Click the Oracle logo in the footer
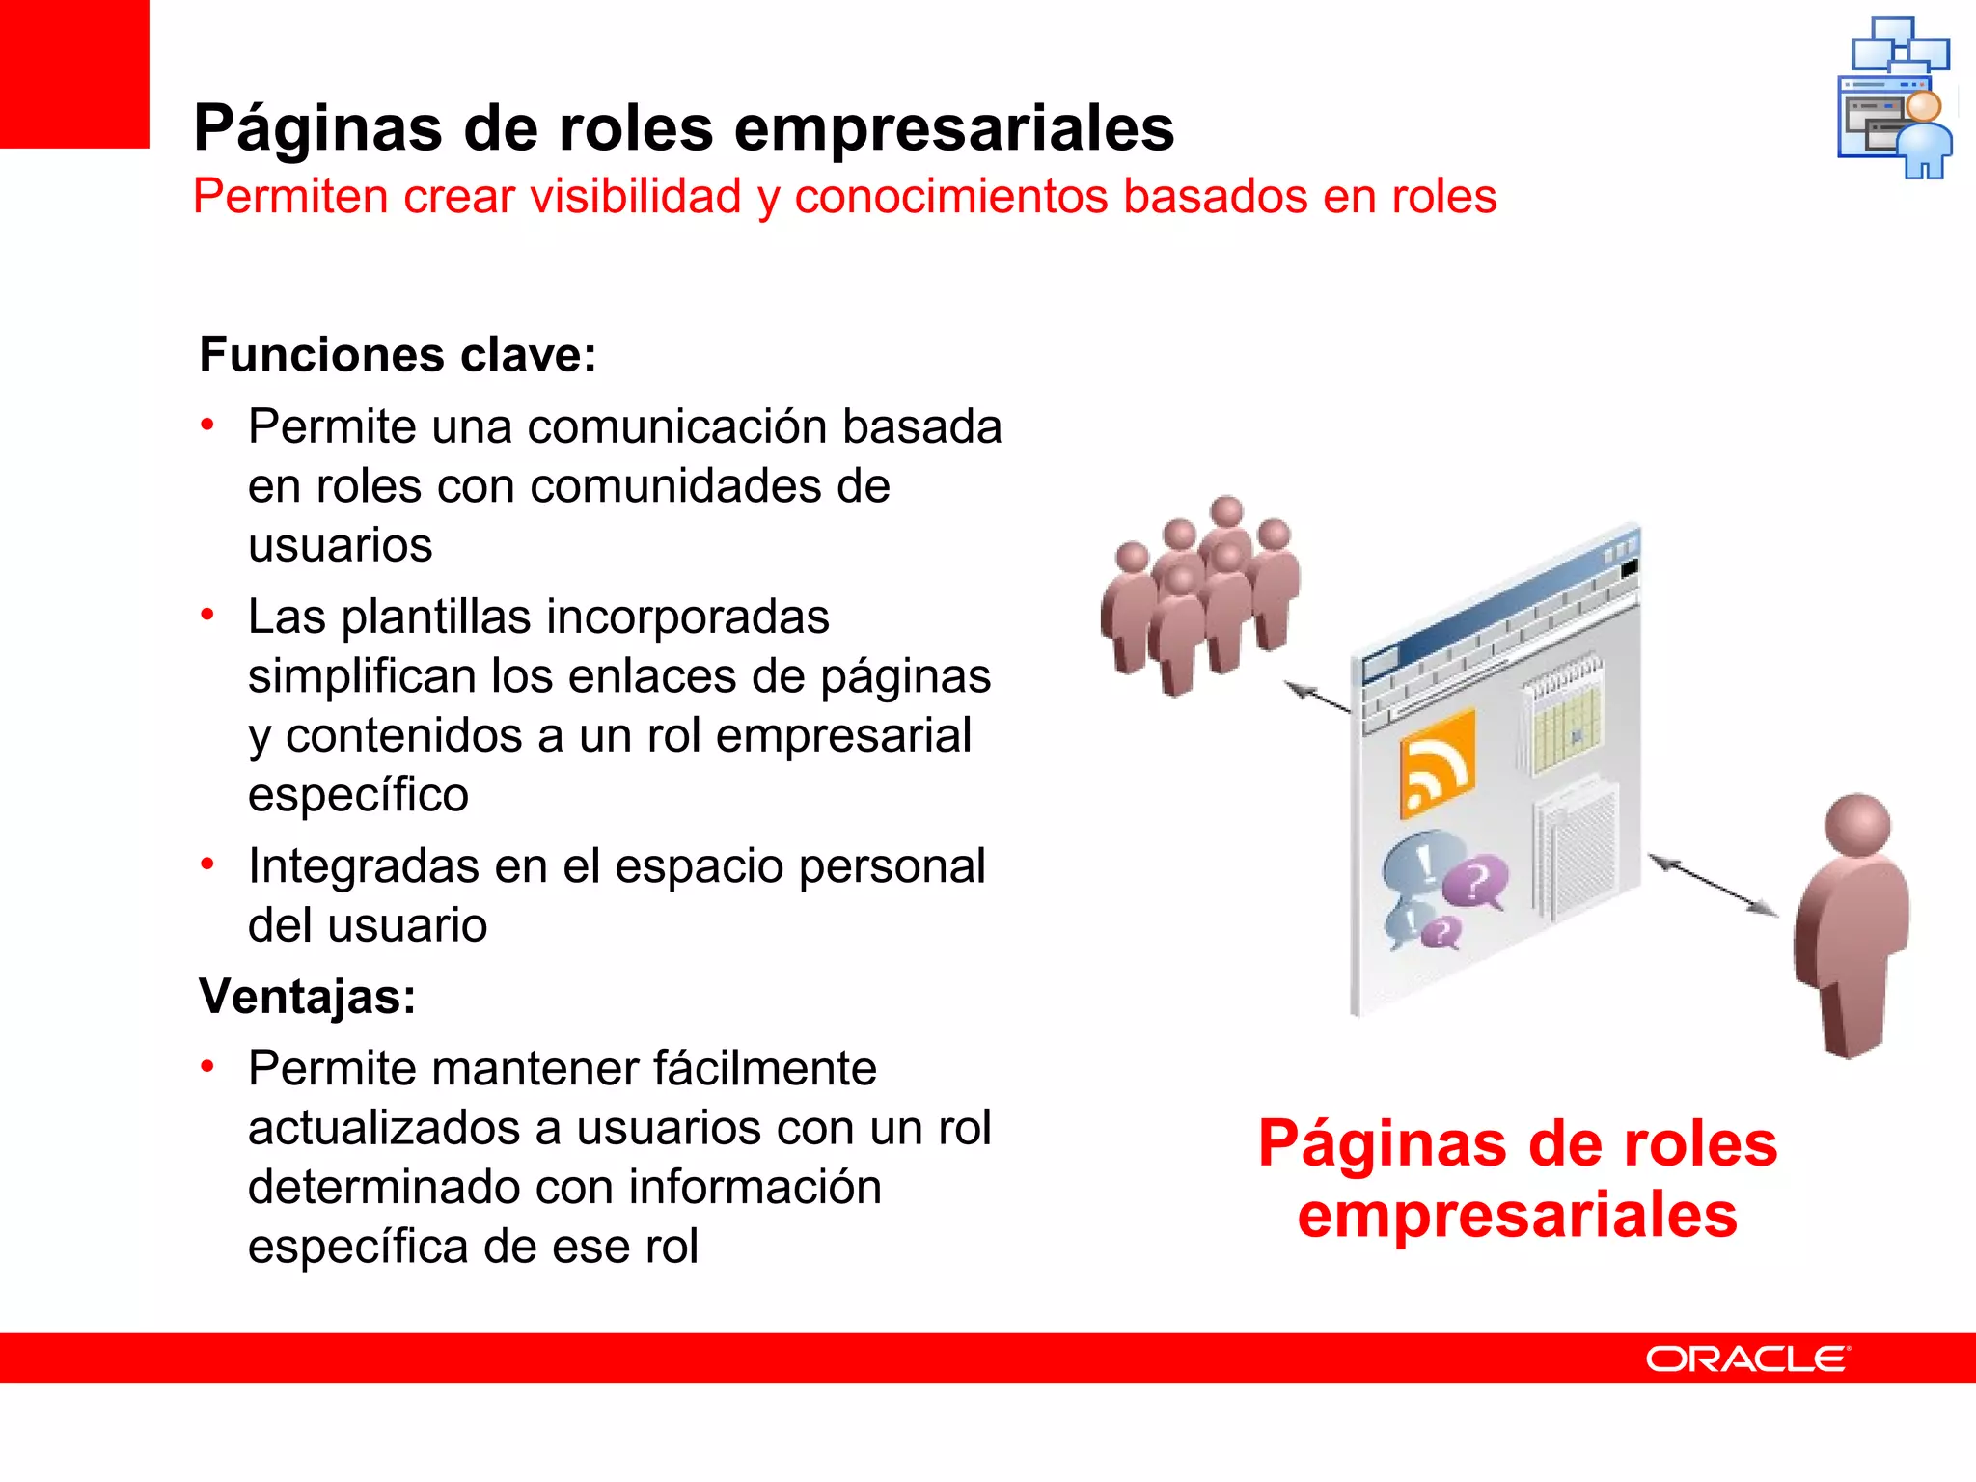[x=1746, y=1358]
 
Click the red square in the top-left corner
[x=74, y=73]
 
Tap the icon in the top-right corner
[x=1895, y=97]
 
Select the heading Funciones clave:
[x=398, y=354]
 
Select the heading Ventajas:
[x=307, y=996]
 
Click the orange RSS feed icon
[x=1438, y=765]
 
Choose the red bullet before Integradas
[x=207, y=864]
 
